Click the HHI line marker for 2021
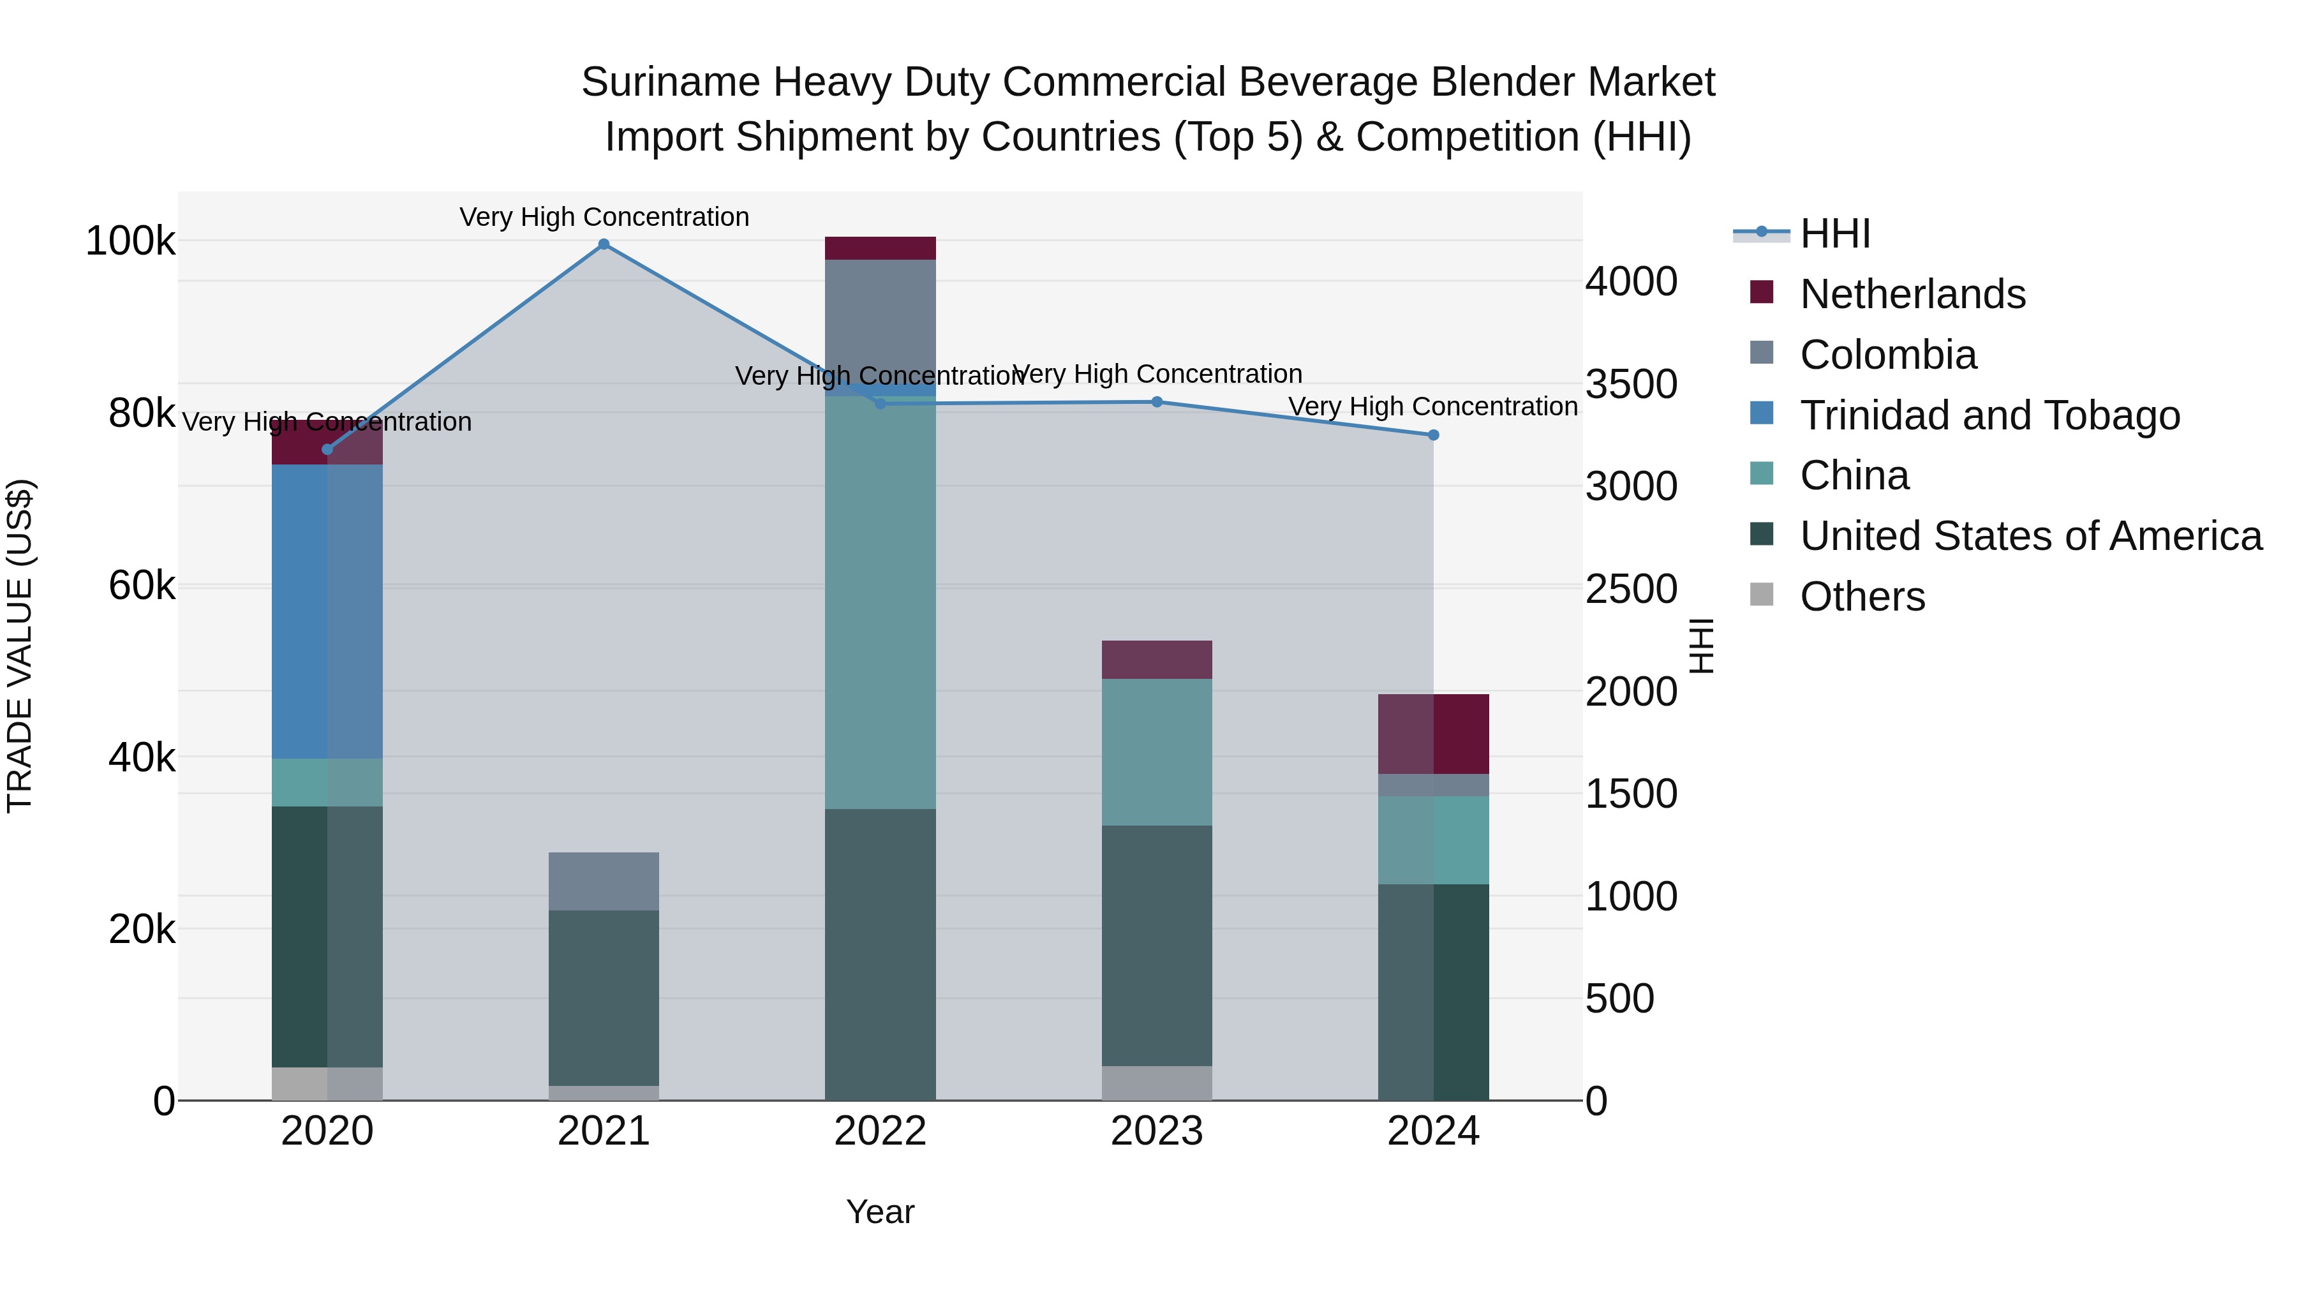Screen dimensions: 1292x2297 tap(604, 244)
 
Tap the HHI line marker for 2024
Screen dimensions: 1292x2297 tap(1433, 435)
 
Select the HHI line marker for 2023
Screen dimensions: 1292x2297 tap(1157, 402)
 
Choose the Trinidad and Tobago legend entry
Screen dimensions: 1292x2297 tap(1989, 415)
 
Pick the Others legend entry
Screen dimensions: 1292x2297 tap(1862, 597)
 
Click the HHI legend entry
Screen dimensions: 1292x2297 tap(1834, 234)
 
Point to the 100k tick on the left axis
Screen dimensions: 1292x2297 tap(130, 242)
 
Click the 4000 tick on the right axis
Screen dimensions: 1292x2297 tap(1631, 282)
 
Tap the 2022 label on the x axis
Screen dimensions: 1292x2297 tap(880, 1131)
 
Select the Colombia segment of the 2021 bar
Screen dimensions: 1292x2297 tap(604, 881)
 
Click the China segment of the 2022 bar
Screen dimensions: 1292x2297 tap(880, 602)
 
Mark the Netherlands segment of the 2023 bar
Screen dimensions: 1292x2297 tap(1157, 660)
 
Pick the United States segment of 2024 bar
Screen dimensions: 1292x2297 tap(1433, 991)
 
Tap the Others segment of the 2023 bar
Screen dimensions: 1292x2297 tap(1157, 1083)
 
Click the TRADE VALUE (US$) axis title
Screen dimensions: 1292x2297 tap(20, 646)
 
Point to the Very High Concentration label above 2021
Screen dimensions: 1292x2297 tap(604, 217)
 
